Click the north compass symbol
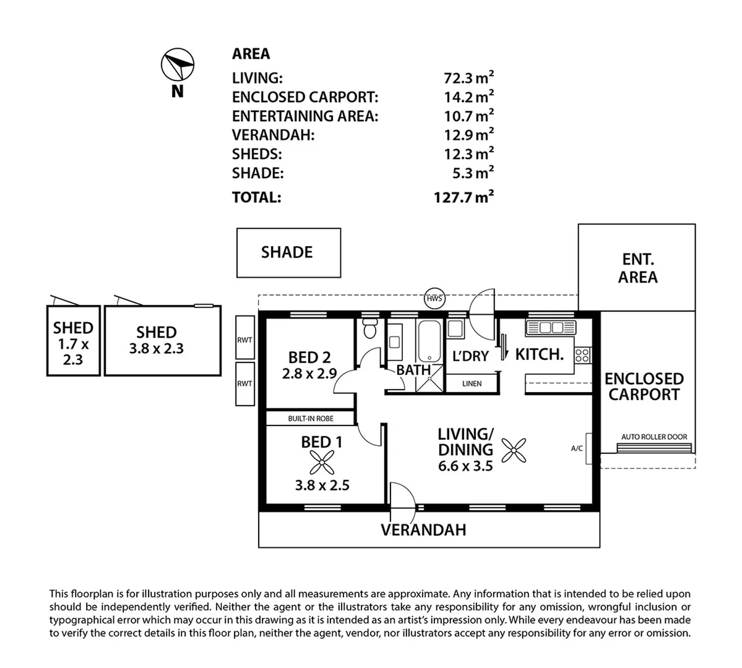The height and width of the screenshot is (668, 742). coord(178,64)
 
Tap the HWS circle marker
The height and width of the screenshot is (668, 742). coord(434,299)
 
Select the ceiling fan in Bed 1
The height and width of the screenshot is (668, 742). coord(322,462)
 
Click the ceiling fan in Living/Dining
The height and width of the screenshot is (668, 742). coord(514,450)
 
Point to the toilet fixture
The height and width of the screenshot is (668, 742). coord(369,328)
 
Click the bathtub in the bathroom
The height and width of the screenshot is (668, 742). coord(429,341)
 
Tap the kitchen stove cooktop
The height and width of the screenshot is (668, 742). coord(582,355)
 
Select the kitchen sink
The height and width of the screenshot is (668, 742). coord(550,327)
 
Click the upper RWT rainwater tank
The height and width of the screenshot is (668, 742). coord(244,337)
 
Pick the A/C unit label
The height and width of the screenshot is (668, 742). coord(577,448)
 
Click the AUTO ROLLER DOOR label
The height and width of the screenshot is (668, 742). coord(654,437)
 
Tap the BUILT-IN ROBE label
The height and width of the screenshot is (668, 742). coord(311,419)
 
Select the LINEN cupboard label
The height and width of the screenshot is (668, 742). coord(472,383)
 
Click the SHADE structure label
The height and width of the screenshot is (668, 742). coord(287,252)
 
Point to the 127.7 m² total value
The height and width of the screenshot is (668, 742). coord(464,197)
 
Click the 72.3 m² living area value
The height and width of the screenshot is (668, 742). coord(468,77)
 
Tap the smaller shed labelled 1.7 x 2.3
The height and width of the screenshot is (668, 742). coord(74,341)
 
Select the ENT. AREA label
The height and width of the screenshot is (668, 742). coord(638,268)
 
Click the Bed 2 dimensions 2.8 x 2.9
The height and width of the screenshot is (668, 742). coord(309,374)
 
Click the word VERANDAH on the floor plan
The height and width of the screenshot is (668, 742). coord(423,530)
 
